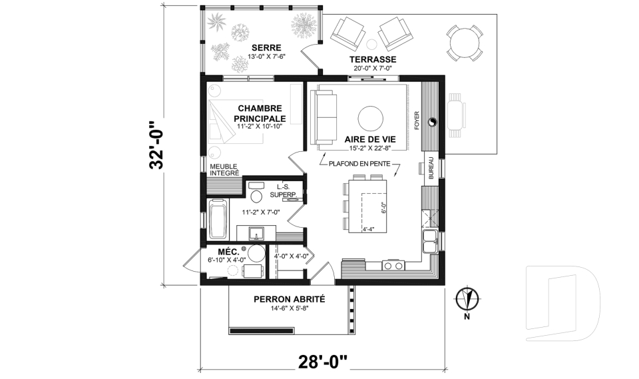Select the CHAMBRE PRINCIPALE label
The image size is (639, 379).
pos(259,113)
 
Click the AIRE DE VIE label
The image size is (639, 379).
pos(370,139)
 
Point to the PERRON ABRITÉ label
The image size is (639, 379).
pos(289,299)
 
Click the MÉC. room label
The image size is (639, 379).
pos(220,251)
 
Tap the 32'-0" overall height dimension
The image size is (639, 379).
pos(156,145)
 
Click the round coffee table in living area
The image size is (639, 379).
pos(371,119)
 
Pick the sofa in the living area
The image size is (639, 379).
pos(325,118)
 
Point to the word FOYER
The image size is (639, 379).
pos(417,120)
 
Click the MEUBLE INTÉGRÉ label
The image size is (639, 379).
pos(224,169)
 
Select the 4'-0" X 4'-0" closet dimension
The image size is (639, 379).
pos(291,253)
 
